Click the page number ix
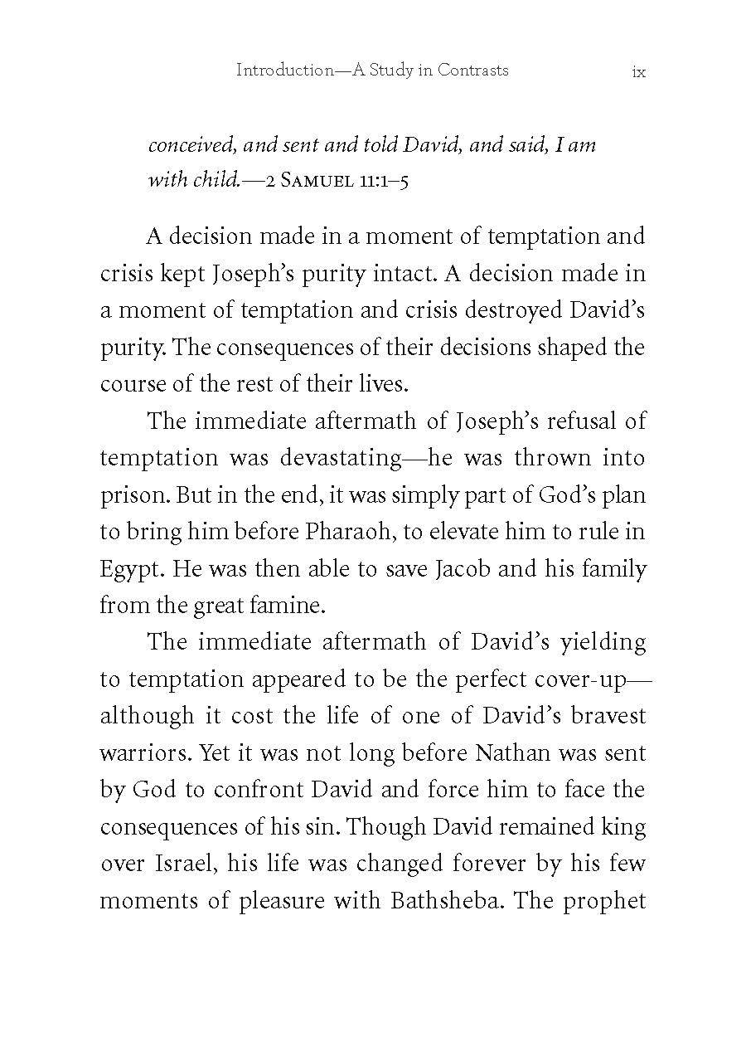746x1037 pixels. [638, 72]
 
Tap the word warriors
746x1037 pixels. [145, 752]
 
